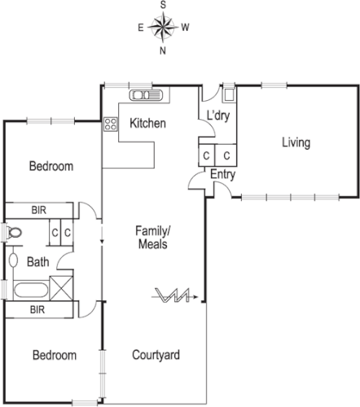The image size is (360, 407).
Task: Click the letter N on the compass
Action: click(163, 50)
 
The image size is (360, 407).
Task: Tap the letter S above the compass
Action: click(163, 5)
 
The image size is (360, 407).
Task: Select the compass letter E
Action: click(141, 28)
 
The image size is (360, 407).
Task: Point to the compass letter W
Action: click(186, 28)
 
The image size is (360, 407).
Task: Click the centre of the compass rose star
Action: click(163, 28)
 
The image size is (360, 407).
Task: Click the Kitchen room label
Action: click(148, 125)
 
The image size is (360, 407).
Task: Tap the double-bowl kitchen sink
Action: click(147, 95)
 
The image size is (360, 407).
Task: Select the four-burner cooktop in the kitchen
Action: click(109, 125)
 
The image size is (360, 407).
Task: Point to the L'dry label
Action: click(217, 116)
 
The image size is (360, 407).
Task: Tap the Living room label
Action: click(296, 143)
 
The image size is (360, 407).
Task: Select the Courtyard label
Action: click(156, 356)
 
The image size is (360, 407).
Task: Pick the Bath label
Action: click(37, 262)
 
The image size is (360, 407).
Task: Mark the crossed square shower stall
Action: click(62, 289)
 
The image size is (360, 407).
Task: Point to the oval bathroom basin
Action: click(14, 261)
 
